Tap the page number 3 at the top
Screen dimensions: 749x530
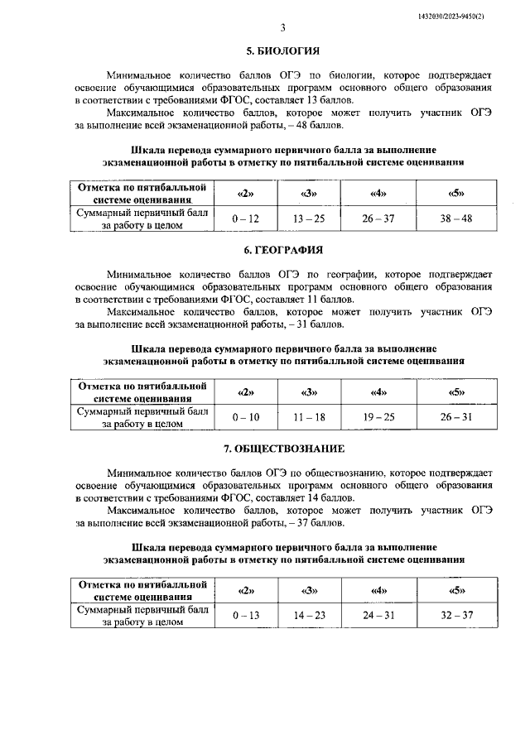point(282,27)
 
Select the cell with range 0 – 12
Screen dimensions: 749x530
point(246,218)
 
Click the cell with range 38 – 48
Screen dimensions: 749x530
point(456,218)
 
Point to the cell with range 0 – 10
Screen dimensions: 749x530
point(246,417)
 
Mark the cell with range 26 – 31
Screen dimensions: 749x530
point(456,417)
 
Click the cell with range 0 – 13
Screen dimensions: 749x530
point(246,616)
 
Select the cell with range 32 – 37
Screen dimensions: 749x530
point(456,616)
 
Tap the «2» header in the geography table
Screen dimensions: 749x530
point(246,392)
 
